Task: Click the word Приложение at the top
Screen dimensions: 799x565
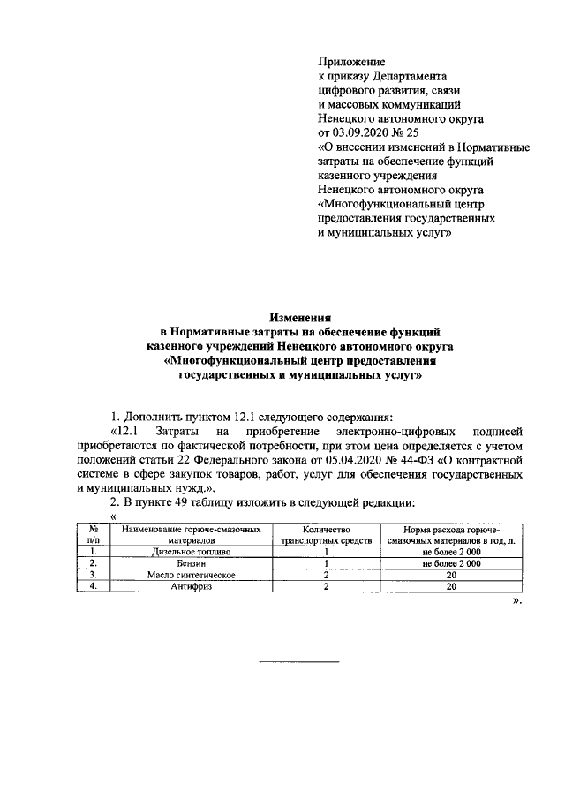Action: (x=351, y=63)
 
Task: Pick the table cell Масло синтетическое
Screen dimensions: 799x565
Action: (x=192, y=573)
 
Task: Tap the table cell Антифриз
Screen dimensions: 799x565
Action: (x=192, y=584)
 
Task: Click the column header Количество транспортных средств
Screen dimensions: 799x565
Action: (x=326, y=532)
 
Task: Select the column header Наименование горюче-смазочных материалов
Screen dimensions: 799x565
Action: (x=192, y=532)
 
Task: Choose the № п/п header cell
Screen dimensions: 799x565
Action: (x=93, y=532)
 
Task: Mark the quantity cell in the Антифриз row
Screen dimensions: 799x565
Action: (x=326, y=584)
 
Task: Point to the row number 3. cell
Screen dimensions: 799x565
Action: (x=93, y=573)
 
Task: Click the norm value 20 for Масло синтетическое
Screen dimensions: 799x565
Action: (x=451, y=573)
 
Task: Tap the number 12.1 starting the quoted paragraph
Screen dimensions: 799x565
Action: (x=129, y=431)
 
